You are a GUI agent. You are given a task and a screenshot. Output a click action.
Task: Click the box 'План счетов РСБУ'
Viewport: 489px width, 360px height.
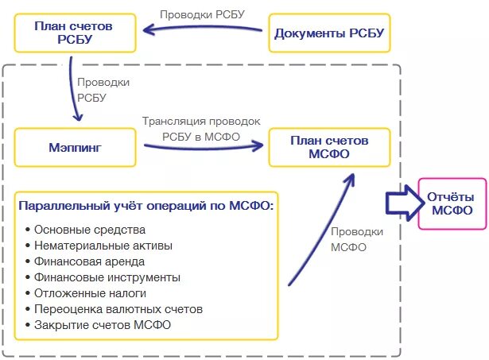pos(73,33)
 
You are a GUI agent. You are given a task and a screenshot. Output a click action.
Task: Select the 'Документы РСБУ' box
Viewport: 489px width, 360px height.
pos(328,33)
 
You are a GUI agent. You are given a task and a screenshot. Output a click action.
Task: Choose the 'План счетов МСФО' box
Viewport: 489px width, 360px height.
pos(329,146)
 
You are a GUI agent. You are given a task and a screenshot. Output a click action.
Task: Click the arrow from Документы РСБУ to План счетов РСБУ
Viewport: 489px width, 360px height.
pos(203,30)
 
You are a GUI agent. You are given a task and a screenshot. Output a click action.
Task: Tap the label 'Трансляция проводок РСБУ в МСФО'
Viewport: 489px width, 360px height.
pos(201,128)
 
